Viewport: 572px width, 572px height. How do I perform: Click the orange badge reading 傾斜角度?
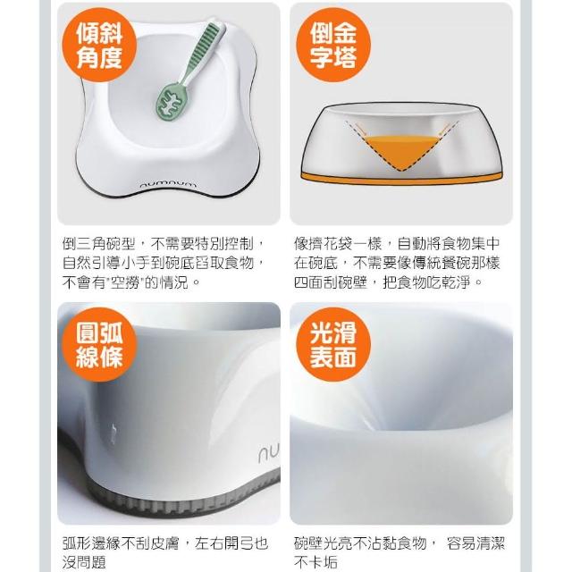tap(99, 45)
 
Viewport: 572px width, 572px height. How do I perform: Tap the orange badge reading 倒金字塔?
tap(333, 45)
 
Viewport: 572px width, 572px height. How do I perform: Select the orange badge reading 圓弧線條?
tap(99, 345)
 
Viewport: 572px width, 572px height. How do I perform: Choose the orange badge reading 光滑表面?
tap(333, 345)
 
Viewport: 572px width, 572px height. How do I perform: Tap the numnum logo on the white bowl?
tap(168, 185)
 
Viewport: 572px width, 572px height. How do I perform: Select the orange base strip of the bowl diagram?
tap(401, 180)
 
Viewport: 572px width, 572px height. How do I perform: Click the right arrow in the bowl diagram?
tap(444, 129)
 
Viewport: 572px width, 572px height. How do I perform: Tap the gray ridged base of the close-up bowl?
tap(182, 500)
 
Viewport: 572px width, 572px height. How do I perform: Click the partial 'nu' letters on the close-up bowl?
tap(268, 453)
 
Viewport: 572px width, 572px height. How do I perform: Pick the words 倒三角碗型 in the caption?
tap(99, 244)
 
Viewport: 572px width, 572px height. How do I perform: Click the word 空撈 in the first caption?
tap(125, 282)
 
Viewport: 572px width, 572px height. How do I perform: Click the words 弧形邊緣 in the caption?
tap(91, 543)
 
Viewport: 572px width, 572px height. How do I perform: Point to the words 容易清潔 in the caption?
tap(475, 543)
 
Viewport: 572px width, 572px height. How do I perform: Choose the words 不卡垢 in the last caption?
tap(315, 562)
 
